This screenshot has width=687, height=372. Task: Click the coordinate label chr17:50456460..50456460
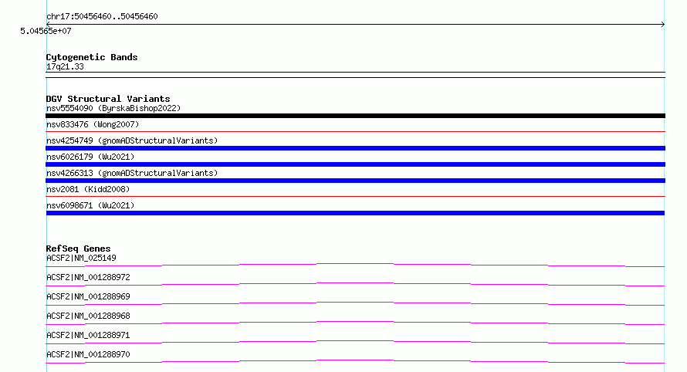[x=102, y=17]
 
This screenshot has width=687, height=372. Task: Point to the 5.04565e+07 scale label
[x=46, y=31]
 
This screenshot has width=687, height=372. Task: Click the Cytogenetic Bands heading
[x=92, y=57]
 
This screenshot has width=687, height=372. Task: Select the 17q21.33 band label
[x=65, y=66]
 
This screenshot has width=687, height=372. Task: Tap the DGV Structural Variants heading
[x=108, y=99]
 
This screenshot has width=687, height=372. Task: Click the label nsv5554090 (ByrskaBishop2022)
[x=113, y=108]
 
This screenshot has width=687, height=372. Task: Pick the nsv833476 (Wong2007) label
[x=93, y=124]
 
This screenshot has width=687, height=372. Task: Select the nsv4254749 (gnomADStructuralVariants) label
[x=132, y=140]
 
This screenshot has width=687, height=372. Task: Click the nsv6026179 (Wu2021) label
[x=90, y=157]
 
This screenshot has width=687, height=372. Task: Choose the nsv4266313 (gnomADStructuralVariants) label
[x=132, y=173]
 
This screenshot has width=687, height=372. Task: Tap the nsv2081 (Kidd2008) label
[x=88, y=189]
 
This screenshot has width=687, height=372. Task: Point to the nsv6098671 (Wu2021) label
[x=90, y=205]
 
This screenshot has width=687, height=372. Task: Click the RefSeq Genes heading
[x=79, y=249]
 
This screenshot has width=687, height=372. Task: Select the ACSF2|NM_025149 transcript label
[x=81, y=258]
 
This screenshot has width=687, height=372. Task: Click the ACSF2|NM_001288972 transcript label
[x=88, y=277]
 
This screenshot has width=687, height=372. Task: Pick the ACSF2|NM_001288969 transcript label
[x=88, y=296]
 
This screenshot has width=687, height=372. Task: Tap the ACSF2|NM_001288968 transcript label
[x=88, y=316]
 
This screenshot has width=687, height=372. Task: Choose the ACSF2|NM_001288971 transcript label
[x=88, y=335]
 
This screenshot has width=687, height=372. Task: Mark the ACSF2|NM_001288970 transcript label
[x=88, y=354]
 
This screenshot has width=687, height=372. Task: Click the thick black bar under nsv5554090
[x=355, y=116]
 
